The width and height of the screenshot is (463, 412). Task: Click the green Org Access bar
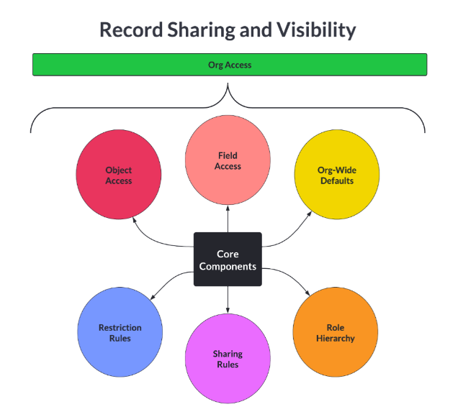coord(230,65)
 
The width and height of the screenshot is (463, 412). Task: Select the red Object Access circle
coord(119,175)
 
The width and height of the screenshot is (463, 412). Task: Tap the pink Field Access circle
coord(228,160)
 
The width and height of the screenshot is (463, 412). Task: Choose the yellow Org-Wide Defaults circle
coord(336,175)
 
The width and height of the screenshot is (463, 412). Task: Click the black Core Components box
coord(228,260)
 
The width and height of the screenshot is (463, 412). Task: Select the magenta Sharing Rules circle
coord(228,358)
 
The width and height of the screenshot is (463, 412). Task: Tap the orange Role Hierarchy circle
coord(335,333)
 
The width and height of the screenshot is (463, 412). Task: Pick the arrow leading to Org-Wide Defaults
coord(292,234)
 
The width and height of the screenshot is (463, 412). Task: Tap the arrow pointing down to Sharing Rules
coord(228,299)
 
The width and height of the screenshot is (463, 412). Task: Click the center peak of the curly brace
coord(228,87)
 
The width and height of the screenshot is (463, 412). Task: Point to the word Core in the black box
coord(228,254)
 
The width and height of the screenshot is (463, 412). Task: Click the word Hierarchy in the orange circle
coord(335,338)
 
